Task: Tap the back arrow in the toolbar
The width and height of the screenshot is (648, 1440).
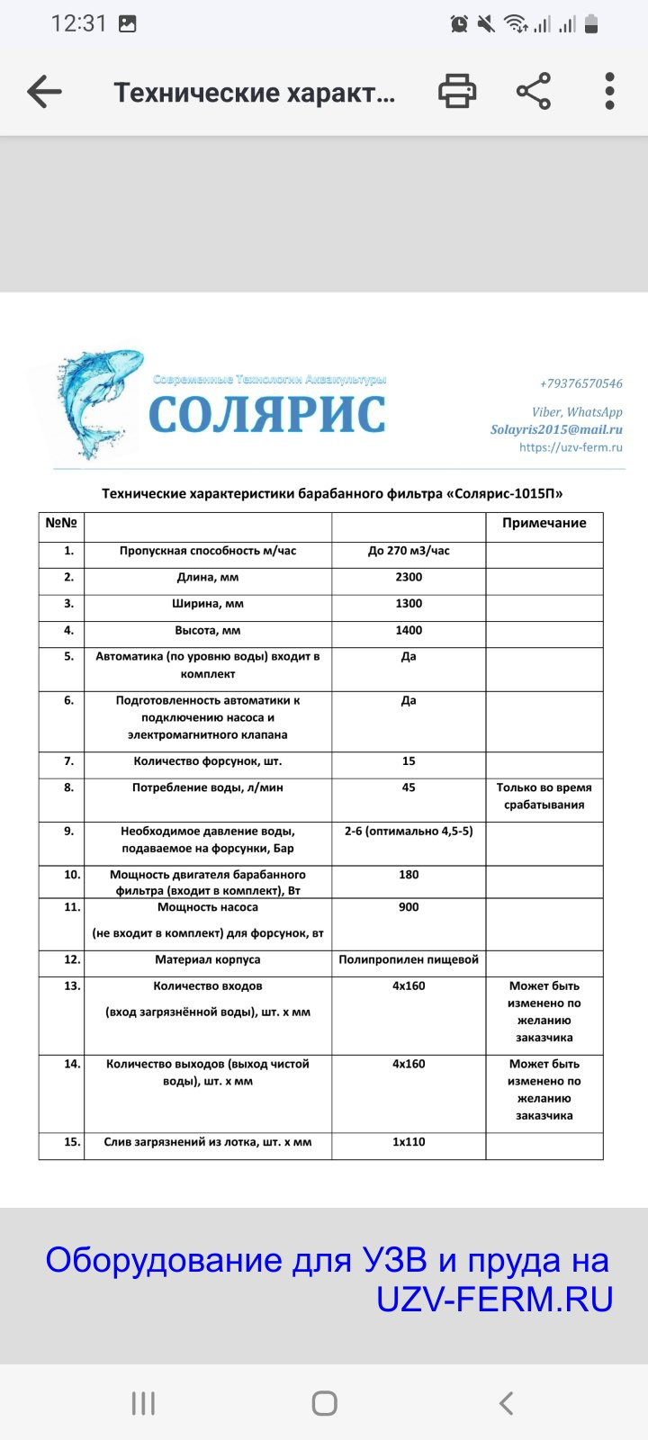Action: [x=44, y=92]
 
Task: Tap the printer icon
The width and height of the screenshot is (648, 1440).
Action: [x=457, y=92]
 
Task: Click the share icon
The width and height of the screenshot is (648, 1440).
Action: [x=534, y=92]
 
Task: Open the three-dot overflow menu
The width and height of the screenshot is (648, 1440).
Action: [x=609, y=92]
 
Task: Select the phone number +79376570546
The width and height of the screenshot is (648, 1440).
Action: [x=580, y=383]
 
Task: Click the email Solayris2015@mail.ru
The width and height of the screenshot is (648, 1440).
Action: [x=556, y=429]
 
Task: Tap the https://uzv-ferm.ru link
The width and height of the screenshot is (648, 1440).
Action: [x=571, y=447]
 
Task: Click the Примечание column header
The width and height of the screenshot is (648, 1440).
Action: [x=544, y=523]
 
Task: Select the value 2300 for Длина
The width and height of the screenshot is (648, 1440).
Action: [x=409, y=578]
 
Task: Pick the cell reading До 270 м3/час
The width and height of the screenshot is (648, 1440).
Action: [x=409, y=551]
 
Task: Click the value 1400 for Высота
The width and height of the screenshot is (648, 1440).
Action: [x=409, y=631]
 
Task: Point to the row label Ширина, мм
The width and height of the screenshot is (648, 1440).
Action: [x=208, y=604]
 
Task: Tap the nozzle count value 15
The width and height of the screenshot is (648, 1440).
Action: [x=409, y=761]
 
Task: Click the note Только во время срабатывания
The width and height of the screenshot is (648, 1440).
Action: [x=544, y=796]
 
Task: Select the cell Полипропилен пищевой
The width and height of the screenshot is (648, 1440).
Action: [x=409, y=960]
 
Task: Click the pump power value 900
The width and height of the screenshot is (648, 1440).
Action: [x=409, y=907]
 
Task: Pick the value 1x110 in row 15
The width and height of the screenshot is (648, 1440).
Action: [x=409, y=1142]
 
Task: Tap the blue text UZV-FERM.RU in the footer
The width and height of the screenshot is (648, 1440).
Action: [x=494, y=1299]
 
